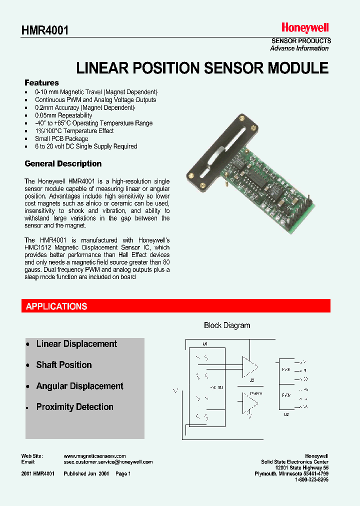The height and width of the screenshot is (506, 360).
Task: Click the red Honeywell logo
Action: pyautogui.click(x=304, y=28)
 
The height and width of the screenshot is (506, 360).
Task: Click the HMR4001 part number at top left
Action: pyautogui.click(x=45, y=30)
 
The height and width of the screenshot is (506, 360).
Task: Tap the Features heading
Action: pyautogui.click(x=41, y=83)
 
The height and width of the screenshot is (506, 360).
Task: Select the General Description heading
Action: pyautogui.click(x=63, y=164)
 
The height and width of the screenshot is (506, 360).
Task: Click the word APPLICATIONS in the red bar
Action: pyautogui.click(x=56, y=306)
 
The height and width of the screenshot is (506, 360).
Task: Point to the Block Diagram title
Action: pyautogui.click(x=227, y=325)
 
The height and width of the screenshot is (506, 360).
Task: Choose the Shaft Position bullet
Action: pyautogui.click(x=64, y=365)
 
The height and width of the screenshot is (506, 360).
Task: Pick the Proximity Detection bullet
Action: pyautogui.click(x=74, y=407)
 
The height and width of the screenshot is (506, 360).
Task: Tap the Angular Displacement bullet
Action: pyautogui.click(x=79, y=386)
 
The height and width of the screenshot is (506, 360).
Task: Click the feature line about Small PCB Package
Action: pyautogui.click(x=61, y=138)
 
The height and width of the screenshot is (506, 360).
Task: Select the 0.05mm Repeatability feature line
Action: pyautogui.click(x=63, y=115)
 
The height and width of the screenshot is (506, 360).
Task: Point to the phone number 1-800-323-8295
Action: pyautogui.click(x=311, y=479)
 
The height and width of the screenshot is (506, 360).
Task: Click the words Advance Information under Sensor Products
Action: pyautogui.click(x=299, y=48)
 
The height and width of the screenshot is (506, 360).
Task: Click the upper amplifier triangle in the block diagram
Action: pyautogui.click(x=249, y=366)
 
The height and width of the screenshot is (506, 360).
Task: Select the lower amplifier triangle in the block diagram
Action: pyautogui.click(x=249, y=402)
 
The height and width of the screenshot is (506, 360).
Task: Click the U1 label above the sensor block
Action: pyautogui.click(x=205, y=344)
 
